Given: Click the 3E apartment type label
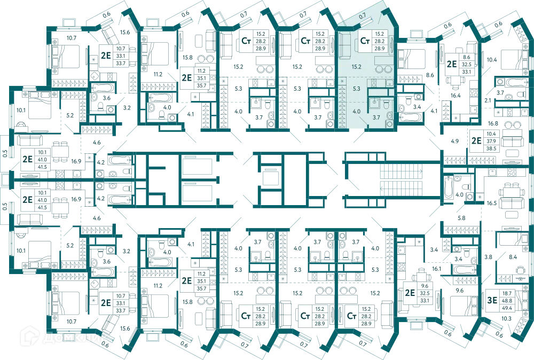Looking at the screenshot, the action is tap(492, 300).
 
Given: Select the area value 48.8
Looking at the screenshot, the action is tap(507, 300).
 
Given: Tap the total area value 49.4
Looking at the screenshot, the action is tap(507, 308).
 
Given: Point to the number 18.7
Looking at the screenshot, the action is tap(507, 293).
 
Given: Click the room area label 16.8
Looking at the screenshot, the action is tap(493, 123).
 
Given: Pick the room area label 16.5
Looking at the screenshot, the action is tap(491, 203).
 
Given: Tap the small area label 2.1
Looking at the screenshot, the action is tap(488, 100).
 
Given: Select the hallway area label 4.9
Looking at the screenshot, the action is tap(454, 141).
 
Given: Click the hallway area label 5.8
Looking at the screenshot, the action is tap(461, 218).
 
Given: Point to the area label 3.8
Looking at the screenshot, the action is tap(488, 257).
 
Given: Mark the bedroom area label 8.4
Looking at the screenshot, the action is tap(513, 257).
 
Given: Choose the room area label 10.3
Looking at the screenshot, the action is tap(506, 318).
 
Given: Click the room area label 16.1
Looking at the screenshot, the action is tap(436, 269).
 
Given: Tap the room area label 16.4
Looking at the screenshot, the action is tap(456, 96).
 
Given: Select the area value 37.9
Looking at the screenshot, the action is tap(491, 141).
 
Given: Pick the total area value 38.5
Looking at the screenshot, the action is tap(491, 148).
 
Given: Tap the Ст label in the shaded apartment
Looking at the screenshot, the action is tap(365, 41).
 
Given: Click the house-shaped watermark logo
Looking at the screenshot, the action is tap(29, 336).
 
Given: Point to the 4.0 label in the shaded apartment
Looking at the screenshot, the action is tap(356, 112).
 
